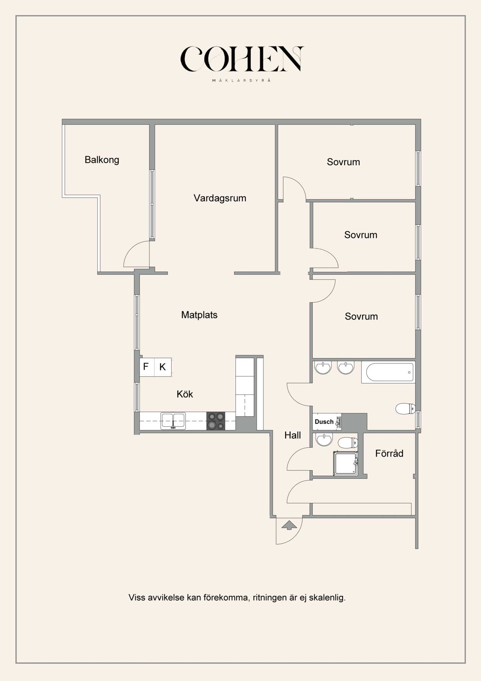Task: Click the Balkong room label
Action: pyautogui.click(x=102, y=160)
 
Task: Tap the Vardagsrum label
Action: pyautogui.click(x=220, y=198)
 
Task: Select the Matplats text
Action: pyautogui.click(x=199, y=315)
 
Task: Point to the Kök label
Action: pyautogui.click(x=185, y=394)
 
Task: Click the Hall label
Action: pyautogui.click(x=292, y=435)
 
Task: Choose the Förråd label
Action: pyautogui.click(x=389, y=453)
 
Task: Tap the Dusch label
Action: pyautogui.click(x=324, y=422)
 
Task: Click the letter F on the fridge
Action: pyautogui.click(x=146, y=367)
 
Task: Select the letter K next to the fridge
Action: pyautogui.click(x=163, y=367)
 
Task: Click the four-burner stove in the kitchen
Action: pyautogui.click(x=216, y=421)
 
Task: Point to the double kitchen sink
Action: pyautogui.click(x=173, y=421)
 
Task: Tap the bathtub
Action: pyautogui.click(x=388, y=372)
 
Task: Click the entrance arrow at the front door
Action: pyautogui.click(x=289, y=525)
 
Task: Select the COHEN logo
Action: pyautogui.click(x=242, y=59)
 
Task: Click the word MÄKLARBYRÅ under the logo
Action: pyautogui.click(x=241, y=80)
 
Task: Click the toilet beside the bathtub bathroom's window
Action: pyautogui.click(x=405, y=409)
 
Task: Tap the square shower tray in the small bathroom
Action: pyautogui.click(x=345, y=464)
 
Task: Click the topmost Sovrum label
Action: pyautogui.click(x=343, y=162)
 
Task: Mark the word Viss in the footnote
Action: pyautogui.click(x=137, y=597)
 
